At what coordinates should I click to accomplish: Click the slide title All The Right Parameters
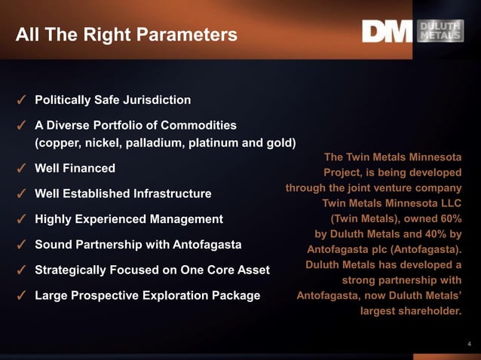point(126,35)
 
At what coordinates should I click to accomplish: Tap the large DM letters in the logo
point(387,31)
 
